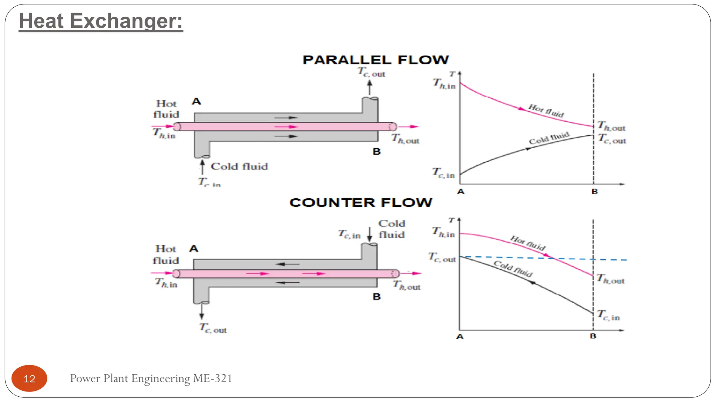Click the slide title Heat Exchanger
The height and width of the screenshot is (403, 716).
(101, 21)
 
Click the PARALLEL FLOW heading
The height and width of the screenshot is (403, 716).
(376, 60)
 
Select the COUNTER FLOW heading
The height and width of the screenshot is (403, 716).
(361, 203)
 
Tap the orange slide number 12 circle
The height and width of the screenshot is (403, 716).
(29, 379)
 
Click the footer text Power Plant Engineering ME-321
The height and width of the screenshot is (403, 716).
(151, 379)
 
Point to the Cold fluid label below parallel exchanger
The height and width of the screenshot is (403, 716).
(239, 167)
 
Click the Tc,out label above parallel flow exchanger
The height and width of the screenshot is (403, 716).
(371, 72)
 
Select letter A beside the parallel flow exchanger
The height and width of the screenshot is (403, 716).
(196, 102)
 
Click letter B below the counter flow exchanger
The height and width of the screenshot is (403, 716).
(377, 297)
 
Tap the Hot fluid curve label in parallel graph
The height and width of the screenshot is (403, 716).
(546, 111)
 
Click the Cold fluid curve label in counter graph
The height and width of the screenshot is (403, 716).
(513, 269)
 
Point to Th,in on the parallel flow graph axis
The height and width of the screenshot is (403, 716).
(444, 84)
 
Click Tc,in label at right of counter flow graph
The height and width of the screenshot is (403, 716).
(609, 316)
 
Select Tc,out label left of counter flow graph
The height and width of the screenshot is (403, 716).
(442, 258)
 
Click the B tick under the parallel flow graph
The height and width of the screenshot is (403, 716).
(595, 192)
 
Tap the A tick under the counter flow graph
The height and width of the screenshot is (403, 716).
(460, 337)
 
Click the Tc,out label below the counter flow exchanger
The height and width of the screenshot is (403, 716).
(213, 328)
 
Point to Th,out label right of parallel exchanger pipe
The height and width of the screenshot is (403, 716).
(406, 139)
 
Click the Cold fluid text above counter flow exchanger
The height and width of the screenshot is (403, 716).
(392, 229)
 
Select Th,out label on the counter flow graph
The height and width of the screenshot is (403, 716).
(611, 279)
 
